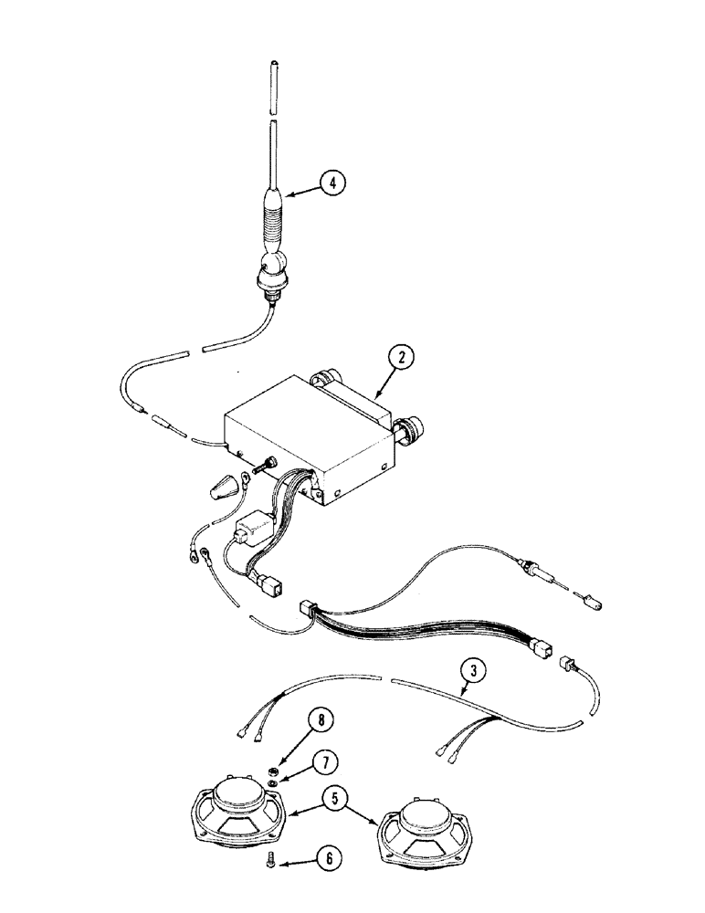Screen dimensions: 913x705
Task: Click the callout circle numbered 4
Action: pos(333,184)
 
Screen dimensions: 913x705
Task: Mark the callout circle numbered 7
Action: pos(323,761)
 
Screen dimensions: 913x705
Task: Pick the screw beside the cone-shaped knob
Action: pos(266,467)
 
